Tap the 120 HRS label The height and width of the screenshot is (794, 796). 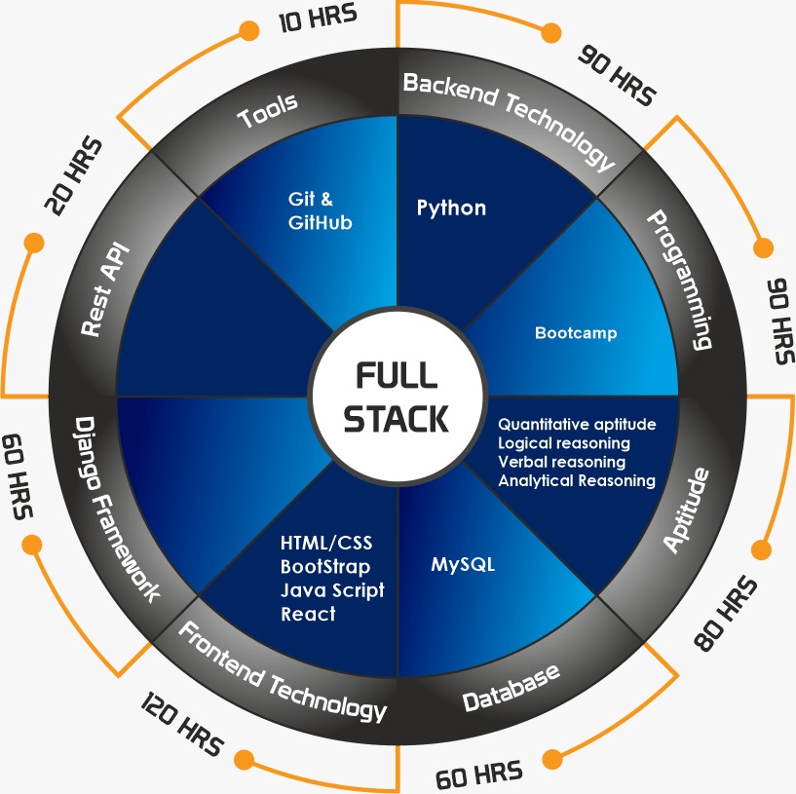[182, 726]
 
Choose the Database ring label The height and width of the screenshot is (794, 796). [512, 687]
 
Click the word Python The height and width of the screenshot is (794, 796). [451, 208]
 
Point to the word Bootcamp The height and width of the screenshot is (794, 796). [576, 333]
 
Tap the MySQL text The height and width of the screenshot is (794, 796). [463, 564]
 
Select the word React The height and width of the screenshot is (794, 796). [308, 614]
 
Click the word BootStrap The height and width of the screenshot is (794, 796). [325, 566]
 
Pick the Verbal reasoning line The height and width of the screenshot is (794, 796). [561, 462]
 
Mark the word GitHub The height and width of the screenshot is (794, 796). [320, 222]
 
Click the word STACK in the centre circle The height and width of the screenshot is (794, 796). [397, 418]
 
